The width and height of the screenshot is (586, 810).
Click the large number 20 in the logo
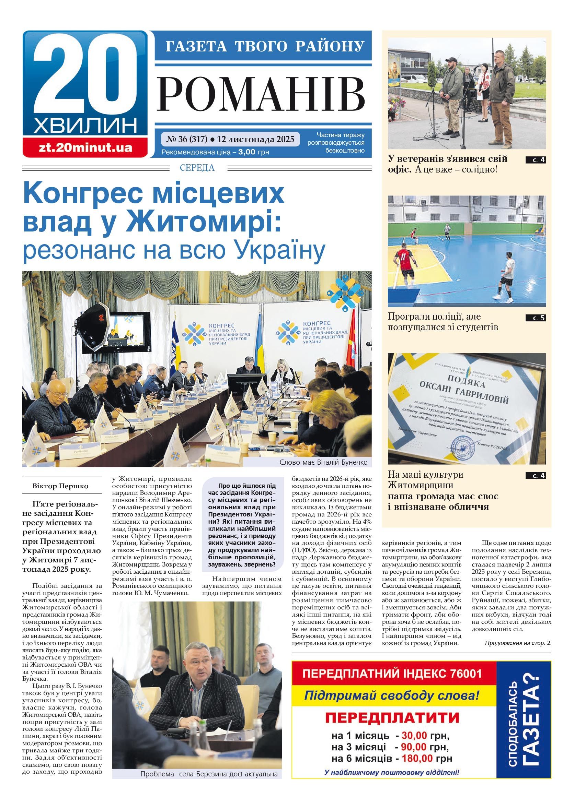pos(85,77)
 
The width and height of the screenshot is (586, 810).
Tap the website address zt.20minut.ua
pos(85,148)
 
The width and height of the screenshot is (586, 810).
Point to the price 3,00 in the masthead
pos(246,152)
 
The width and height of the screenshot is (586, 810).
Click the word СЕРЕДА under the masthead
pos(197,167)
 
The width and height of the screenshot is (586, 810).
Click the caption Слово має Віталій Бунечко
pos(323,462)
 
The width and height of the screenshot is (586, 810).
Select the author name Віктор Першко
pos(60,486)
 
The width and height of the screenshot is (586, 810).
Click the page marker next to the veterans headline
pos(535,160)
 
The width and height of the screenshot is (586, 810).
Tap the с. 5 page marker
pos(535,318)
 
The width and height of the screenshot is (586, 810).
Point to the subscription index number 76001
pos(465,674)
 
